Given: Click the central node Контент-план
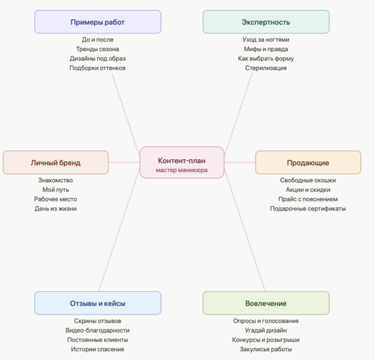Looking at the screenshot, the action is [181, 163].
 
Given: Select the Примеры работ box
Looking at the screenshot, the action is [98, 22].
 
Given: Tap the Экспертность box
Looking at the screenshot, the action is [266, 22].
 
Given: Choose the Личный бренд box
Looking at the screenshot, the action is [56, 163].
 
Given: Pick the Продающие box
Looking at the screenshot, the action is [308, 163].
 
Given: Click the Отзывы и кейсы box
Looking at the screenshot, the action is [98, 303].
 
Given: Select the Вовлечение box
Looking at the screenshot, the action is [266, 303].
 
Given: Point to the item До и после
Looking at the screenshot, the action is [98, 39].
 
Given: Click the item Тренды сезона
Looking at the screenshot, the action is [98, 49].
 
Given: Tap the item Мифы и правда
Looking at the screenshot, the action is [266, 49].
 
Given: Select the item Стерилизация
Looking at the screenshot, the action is [266, 68].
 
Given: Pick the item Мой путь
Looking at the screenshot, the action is [56, 189].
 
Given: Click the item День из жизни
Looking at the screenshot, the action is [56, 209].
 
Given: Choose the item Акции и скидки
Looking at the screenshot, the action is [308, 189].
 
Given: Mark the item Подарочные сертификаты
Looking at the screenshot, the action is [308, 209].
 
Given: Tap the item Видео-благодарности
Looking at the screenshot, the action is [98, 331].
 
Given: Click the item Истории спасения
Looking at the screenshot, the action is [98, 349].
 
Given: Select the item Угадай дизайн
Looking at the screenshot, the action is [266, 331].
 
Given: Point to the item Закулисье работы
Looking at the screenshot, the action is [266, 349].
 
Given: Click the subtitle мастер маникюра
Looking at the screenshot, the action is [181, 170].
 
